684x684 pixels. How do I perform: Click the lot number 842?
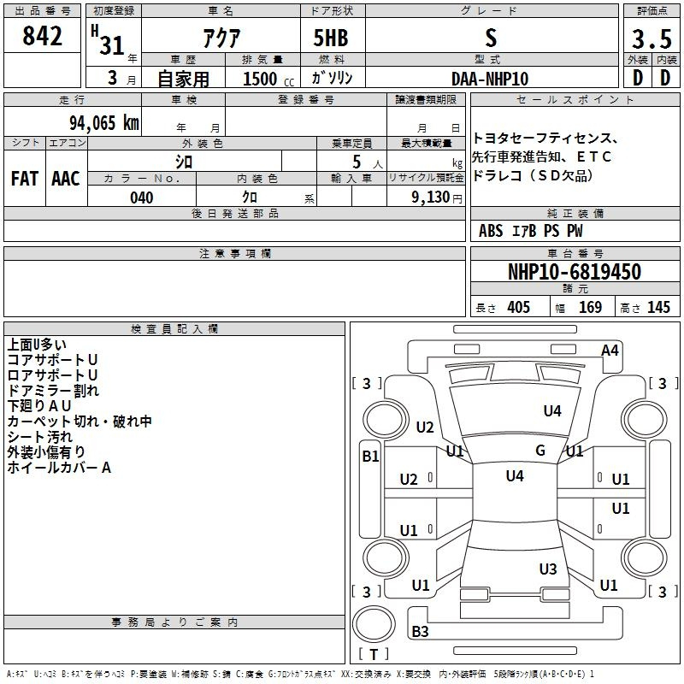[x=42, y=36]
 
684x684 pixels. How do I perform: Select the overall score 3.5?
[x=652, y=38]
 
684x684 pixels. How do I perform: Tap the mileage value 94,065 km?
[x=104, y=123]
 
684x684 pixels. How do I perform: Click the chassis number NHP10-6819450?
[x=575, y=272]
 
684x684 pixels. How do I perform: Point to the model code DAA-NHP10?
[x=490, y=79]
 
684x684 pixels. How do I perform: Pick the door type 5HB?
[x=331, y=38]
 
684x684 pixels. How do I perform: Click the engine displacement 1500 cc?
[x=268, y=79]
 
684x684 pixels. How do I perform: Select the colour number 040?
[x=142, y=198]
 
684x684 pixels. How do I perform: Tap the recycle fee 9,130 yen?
[x=437, y=198]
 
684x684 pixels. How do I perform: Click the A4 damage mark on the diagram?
[x=610, y=351]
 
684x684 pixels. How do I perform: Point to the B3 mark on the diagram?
[x=420, y=631]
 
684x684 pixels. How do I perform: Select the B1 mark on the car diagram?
[x=370, y=457]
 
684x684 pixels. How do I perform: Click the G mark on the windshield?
[x=540, y=451]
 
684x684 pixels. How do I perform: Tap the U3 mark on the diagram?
[x=548, y=569]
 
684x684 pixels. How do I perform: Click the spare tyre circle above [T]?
[x=374, y=624]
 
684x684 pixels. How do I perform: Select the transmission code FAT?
[x=25, y=179]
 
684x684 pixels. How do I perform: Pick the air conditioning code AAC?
[x=66, y=179]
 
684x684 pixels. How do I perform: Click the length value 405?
[x=519, y=307]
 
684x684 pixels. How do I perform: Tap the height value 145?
[x=658, y=307]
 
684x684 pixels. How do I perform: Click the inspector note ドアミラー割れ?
[x=53, y=391]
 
